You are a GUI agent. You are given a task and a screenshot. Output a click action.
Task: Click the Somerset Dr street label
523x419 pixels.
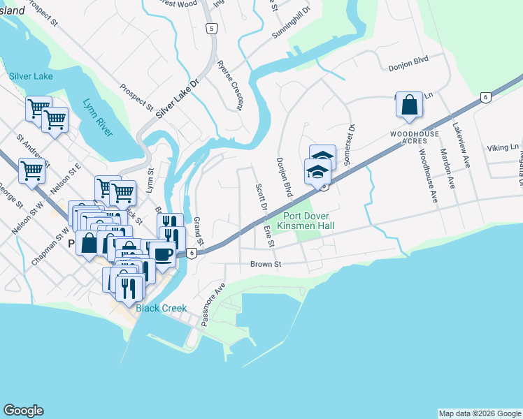(x=350, y=145)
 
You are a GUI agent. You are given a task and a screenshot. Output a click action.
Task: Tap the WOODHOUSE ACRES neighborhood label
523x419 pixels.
(x=418, y=137)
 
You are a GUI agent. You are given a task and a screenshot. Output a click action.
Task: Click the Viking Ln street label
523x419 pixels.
(x=503, y=147)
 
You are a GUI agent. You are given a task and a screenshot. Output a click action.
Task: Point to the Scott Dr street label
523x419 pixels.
(x=260, y=198)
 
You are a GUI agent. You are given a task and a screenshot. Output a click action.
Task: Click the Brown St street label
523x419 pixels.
(x=265, y=265)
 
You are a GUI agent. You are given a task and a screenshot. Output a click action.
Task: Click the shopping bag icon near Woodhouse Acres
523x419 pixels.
(x=409, y=105)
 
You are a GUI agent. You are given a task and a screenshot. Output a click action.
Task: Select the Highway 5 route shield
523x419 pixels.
(x=212, y=29)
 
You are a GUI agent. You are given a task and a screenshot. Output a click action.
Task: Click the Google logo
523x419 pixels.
(x=23, y=411)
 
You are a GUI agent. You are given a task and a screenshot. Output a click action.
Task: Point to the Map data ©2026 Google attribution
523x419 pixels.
(x=479, y=413)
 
